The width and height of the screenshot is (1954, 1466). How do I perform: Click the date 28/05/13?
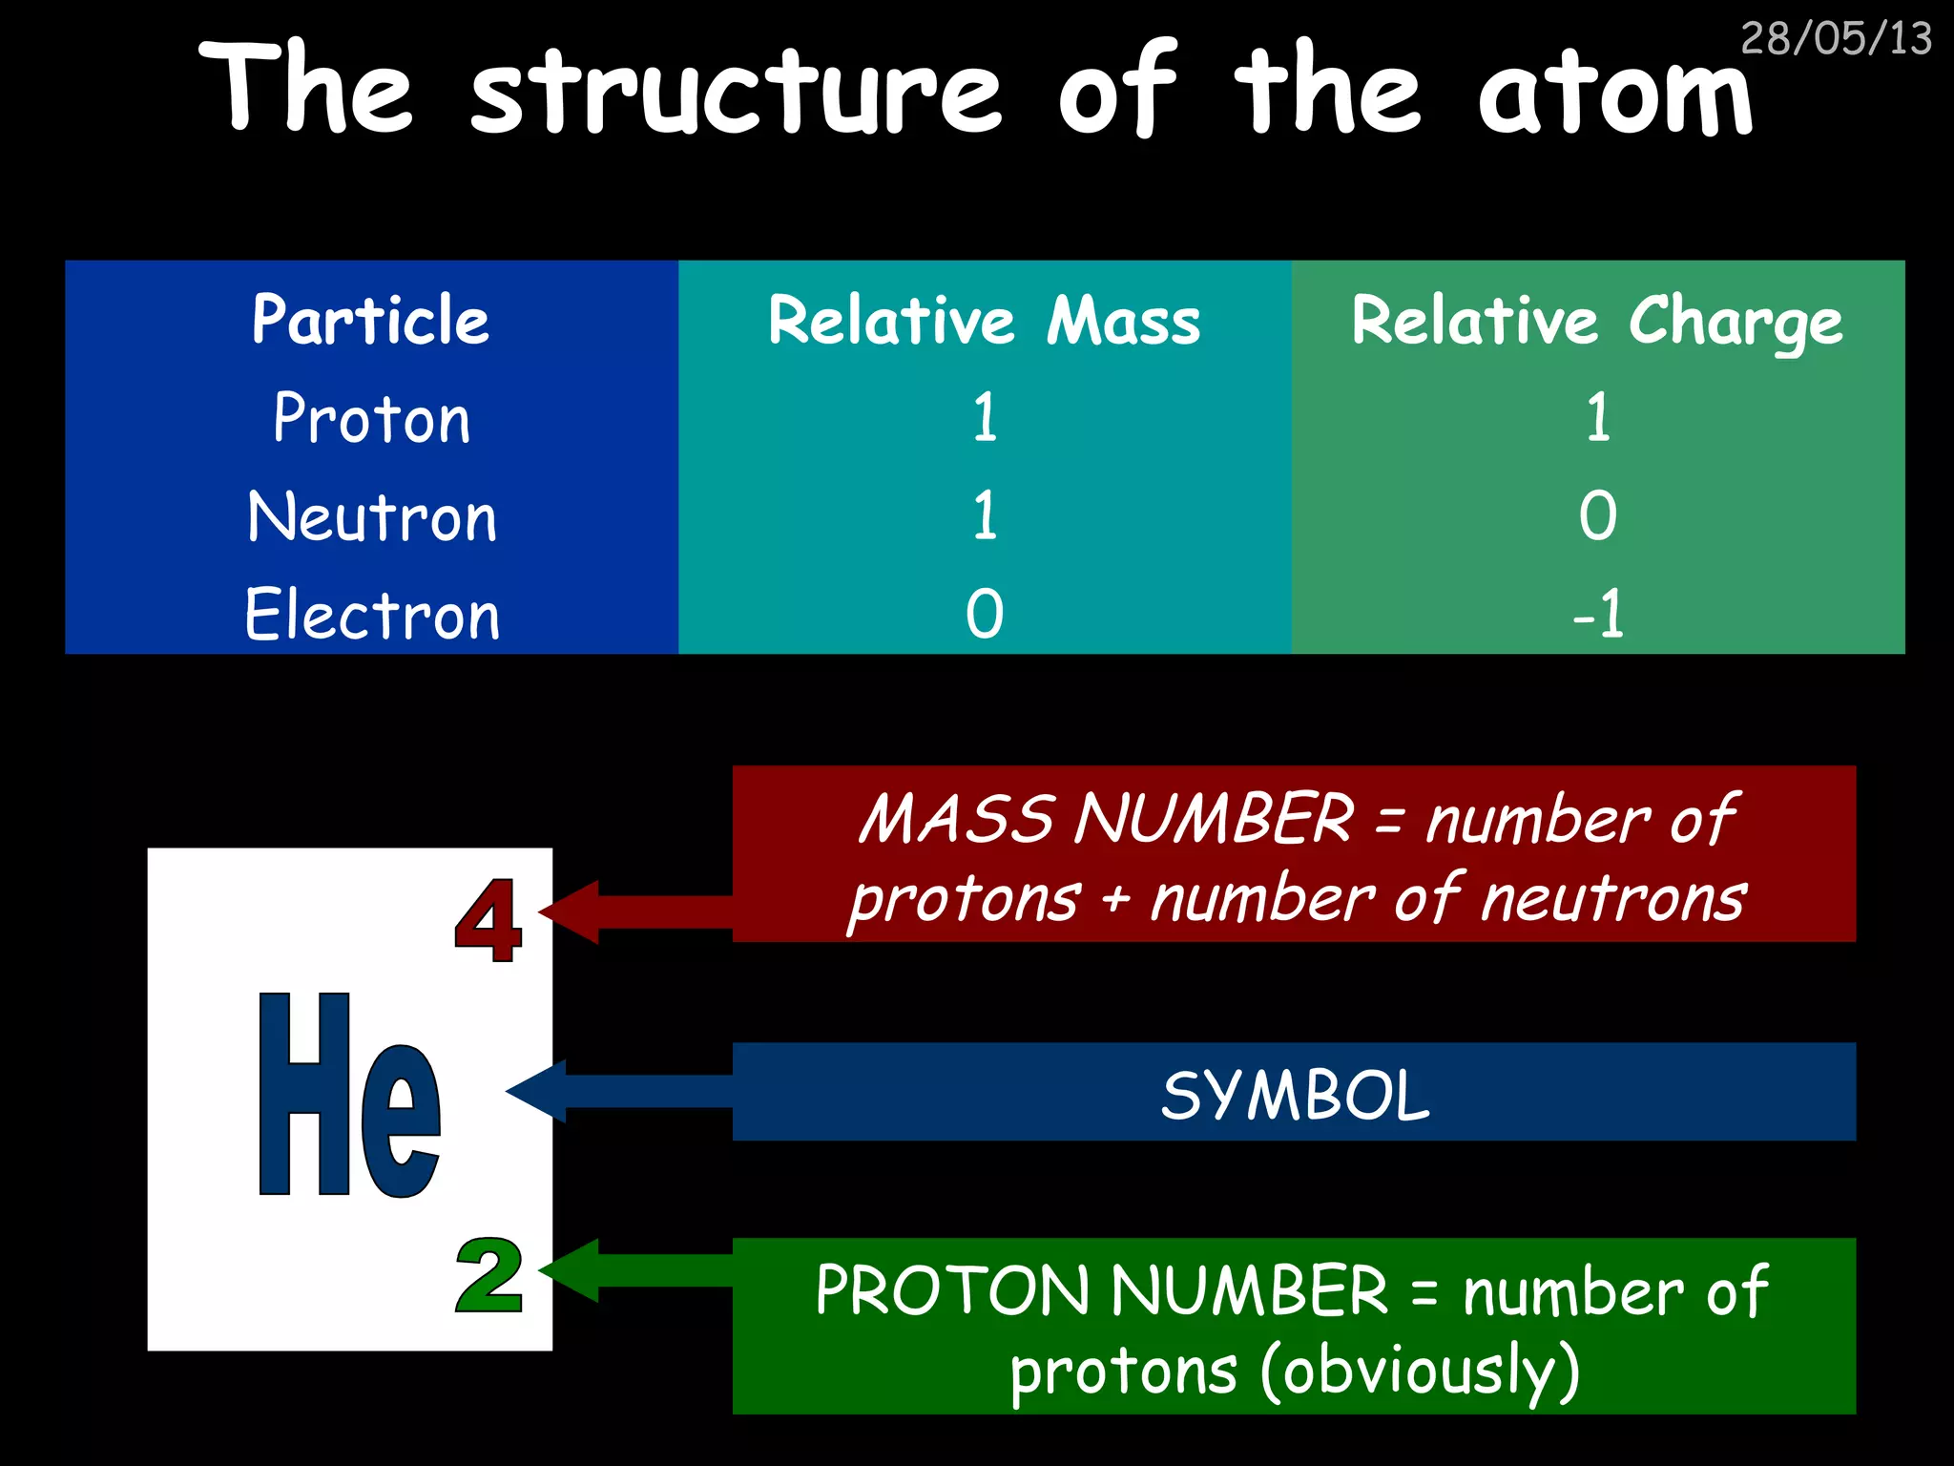tap(1836, 39)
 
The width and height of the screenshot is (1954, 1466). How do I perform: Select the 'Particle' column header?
tap(370, 320)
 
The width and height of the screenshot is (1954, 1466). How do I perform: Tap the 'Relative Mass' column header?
tap(984, 321)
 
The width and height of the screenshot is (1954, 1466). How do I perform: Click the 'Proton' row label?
tap(371, 418)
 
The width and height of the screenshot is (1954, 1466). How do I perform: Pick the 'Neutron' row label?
tap(371, 517)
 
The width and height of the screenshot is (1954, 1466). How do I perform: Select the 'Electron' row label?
tap(371, 615)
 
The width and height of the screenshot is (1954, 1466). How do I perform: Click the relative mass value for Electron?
tap(984, 614)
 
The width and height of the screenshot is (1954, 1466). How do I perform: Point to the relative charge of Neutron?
tap(1597, 516)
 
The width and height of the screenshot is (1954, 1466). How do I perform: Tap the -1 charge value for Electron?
tap(1597, 614)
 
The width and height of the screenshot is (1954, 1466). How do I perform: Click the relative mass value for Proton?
tap(985, 418)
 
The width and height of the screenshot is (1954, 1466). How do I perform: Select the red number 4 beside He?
tap(488, 920)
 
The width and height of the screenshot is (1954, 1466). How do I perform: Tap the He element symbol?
tap(349, 1096)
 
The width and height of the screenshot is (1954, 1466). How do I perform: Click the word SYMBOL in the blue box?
tap(1295, 1095)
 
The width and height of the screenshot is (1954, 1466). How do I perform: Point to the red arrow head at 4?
tap(571, 912)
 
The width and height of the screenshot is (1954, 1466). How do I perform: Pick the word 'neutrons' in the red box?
tap(1613, 900)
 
